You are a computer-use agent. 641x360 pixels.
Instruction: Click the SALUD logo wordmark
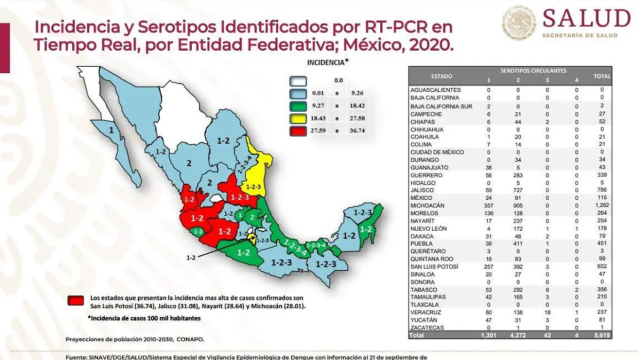pos(586,19)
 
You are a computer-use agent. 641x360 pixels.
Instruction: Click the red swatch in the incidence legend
pos(298,130)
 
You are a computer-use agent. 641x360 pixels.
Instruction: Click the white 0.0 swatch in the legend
pos(298,81)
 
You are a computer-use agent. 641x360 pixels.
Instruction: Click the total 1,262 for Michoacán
pos(601,206)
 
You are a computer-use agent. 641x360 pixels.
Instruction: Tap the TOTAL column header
pos(602,76)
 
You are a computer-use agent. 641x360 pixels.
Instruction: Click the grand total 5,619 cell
pos(601,335)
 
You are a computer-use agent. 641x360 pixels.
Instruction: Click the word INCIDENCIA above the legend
pos(326,62)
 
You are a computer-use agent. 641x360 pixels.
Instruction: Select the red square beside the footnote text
pos(76,301)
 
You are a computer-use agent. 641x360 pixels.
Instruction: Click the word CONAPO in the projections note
pos(192,339)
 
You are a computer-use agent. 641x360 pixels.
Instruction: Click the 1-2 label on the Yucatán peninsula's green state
pos(366,230)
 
